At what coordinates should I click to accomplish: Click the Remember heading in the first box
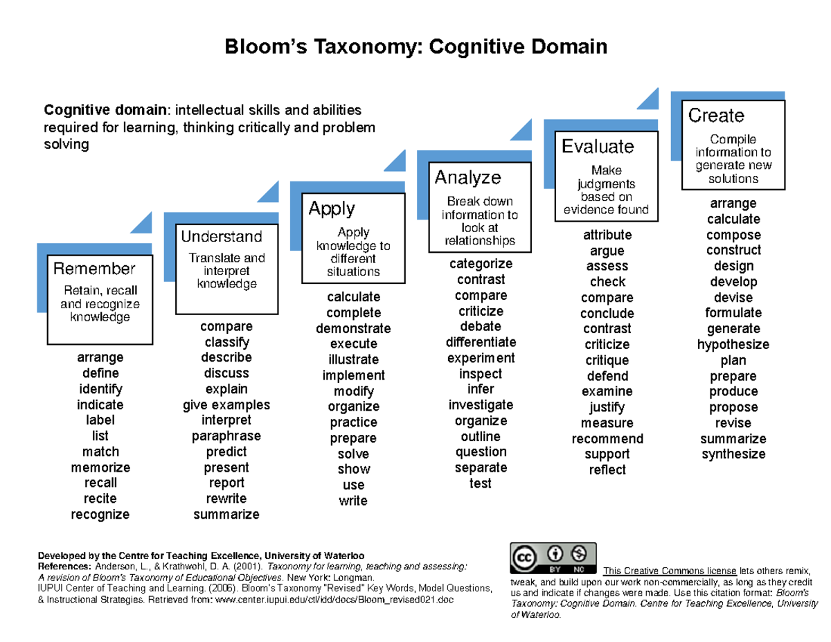94,268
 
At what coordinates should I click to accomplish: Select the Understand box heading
221,237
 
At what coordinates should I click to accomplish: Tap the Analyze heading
467,178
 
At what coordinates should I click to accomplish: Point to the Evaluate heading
598,147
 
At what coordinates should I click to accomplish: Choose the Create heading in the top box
716,116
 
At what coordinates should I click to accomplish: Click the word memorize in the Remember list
100,467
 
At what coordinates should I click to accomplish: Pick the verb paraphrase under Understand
226,436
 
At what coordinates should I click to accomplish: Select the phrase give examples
226,405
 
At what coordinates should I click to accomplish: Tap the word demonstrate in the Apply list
353,328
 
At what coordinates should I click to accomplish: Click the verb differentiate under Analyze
481,342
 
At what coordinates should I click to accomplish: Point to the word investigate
481,405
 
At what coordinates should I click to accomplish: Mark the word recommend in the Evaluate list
607,439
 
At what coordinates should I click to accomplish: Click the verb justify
607,407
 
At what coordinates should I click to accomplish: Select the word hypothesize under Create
733,345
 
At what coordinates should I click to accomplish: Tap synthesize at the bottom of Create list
733,454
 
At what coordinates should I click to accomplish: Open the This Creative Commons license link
670,571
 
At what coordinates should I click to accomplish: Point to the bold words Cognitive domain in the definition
105,110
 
